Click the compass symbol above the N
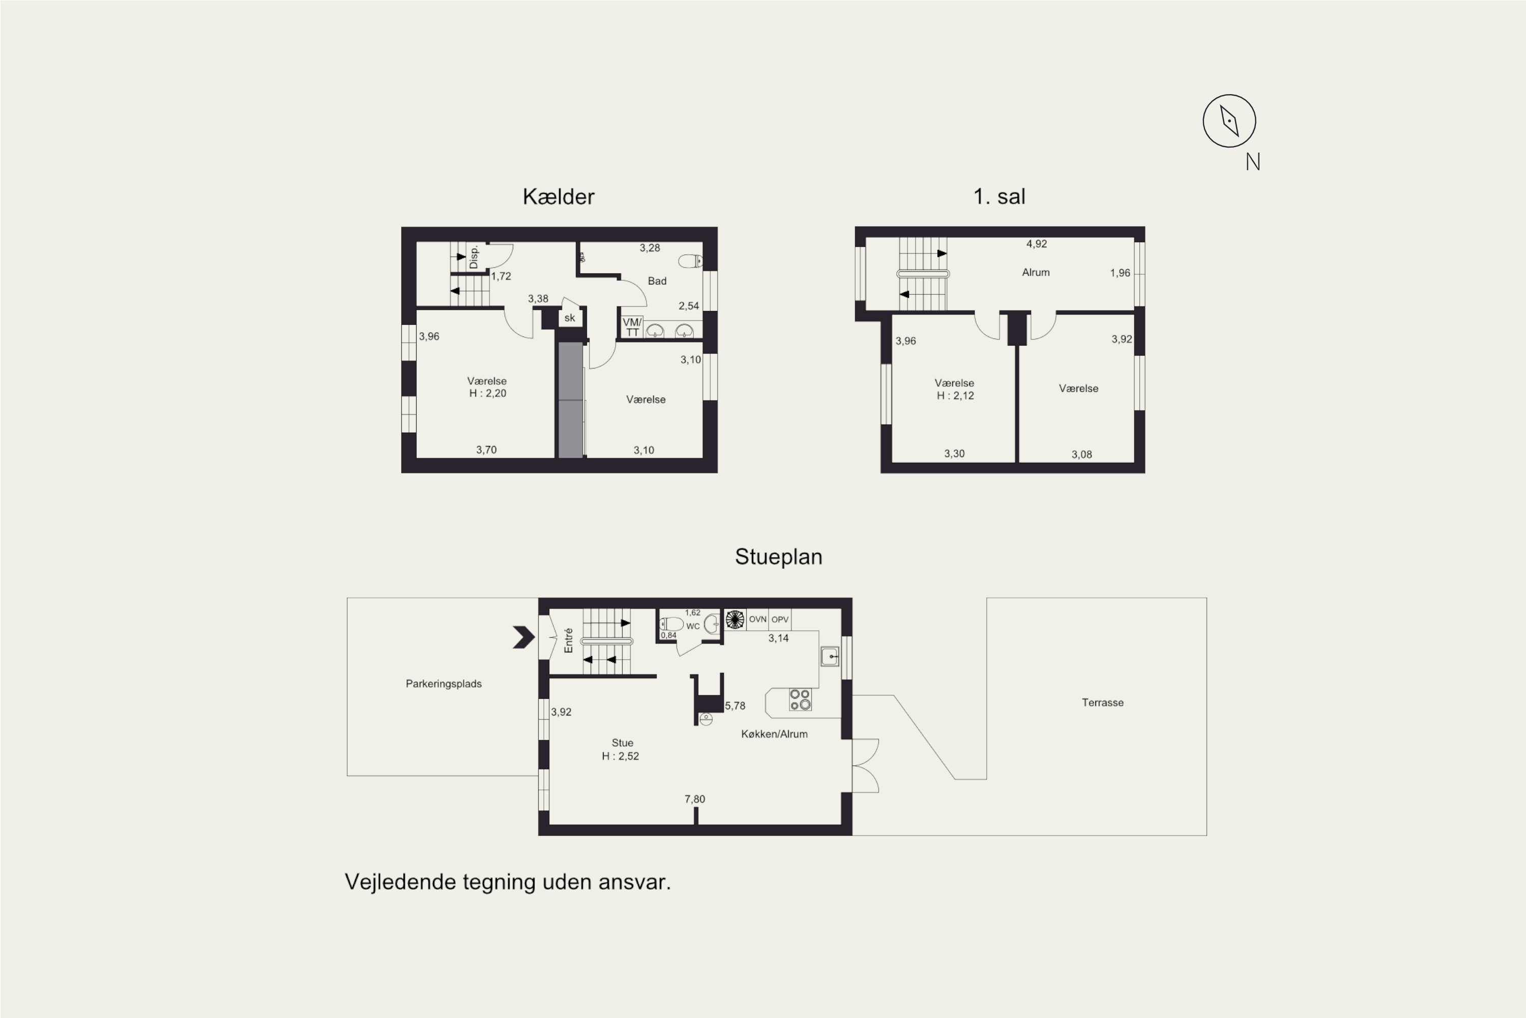click(x=1229, y=121)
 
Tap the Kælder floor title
click(x=558, y=196)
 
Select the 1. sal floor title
click(x=999, y=196)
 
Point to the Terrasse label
click(x=1102, y=702)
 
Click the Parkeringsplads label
click(x=444, y=684)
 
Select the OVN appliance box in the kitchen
click(x=757, y=619)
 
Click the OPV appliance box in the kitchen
click(x=780, y=619)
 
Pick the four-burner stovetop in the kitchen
click(x=800, y=699)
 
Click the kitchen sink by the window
click(x=830, y=657)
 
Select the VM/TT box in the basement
click(x=632, y=327)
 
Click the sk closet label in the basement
click(x=570, y=318)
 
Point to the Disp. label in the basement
click(x=474, y=257)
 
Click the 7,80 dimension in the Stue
click(x=695, y=799)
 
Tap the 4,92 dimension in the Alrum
click(x=1037, y=244)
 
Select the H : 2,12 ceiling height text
click(x=955, y=395)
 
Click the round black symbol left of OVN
click(x=735, y=619)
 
